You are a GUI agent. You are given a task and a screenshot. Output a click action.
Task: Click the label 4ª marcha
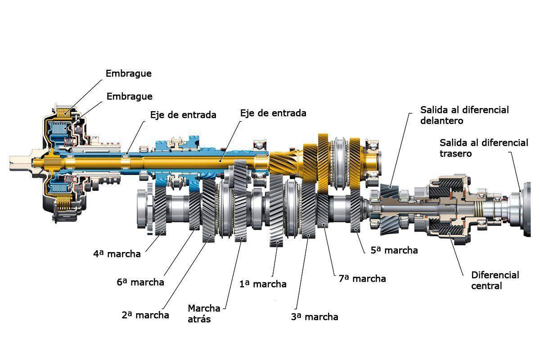point(117,254)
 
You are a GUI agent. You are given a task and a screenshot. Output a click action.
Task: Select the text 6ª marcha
point(140,283)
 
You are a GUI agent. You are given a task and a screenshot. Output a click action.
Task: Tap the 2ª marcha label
point(145,315)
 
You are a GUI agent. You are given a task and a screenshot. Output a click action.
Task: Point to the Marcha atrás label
point(204,314)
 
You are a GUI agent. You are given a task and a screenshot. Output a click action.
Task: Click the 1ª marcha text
point(263,284)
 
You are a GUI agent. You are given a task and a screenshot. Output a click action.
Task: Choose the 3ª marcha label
point(315,317)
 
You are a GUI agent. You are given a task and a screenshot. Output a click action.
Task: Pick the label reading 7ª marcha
point(362,279)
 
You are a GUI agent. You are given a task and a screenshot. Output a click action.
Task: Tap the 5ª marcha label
point(394,250)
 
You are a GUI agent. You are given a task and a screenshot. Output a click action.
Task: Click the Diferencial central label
point(495,280)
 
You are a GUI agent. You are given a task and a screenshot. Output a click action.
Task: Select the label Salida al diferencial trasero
point(484,148)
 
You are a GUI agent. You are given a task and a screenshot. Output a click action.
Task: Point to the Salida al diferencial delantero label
point(464,115)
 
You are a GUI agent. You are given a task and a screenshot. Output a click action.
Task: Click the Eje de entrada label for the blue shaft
point(183,115)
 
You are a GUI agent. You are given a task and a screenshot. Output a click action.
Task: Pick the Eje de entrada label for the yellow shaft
point(273,112)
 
